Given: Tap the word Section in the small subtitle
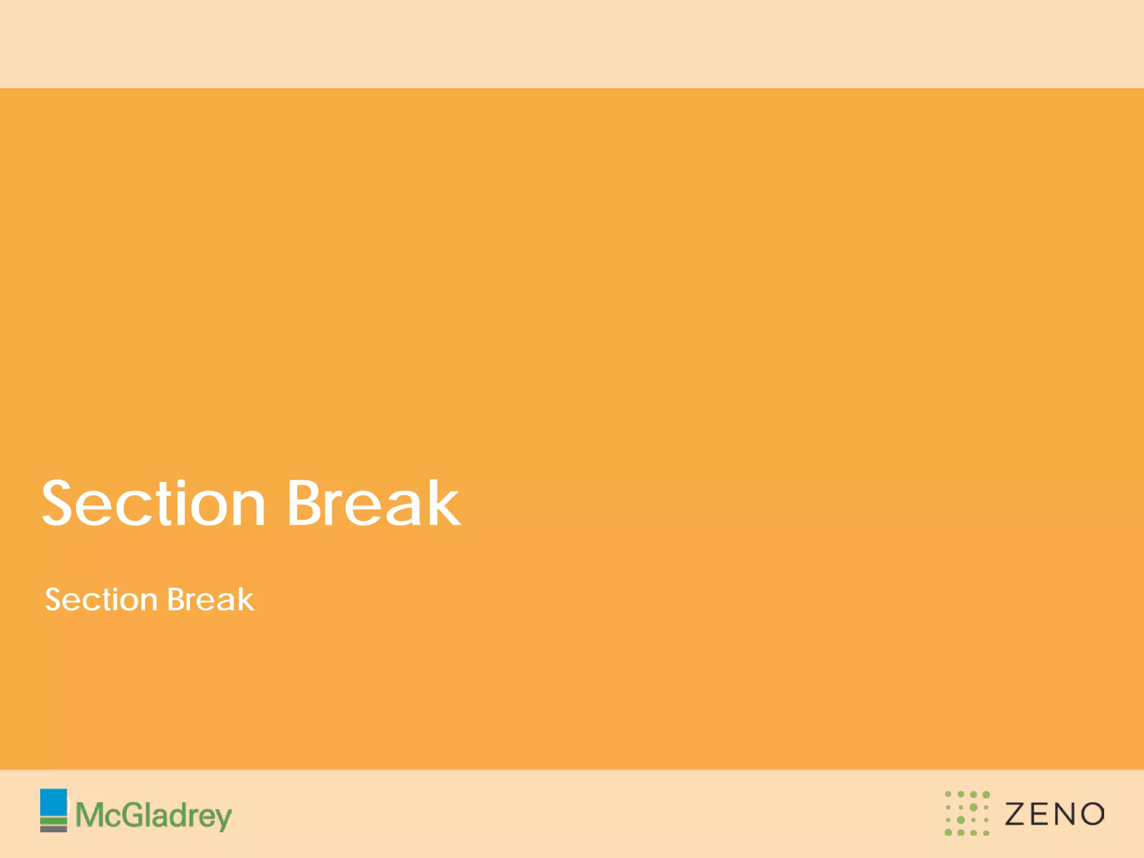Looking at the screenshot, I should pos(101,600).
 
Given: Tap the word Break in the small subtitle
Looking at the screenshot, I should pos(211,600).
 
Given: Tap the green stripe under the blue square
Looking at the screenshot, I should pos(54,821).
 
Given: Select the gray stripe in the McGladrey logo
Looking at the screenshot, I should pos(54,829).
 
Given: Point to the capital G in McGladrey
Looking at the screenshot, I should pos(134,815).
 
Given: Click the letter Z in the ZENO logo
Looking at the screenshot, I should pos(1016,814).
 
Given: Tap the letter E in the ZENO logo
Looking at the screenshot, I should pos(1041,814).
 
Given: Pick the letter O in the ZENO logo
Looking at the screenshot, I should pos(1092,814).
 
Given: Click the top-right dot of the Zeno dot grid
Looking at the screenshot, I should pos(986,794).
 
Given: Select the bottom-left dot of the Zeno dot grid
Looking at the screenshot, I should pos(948,833).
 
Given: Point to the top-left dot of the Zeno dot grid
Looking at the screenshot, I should pos(948,794).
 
